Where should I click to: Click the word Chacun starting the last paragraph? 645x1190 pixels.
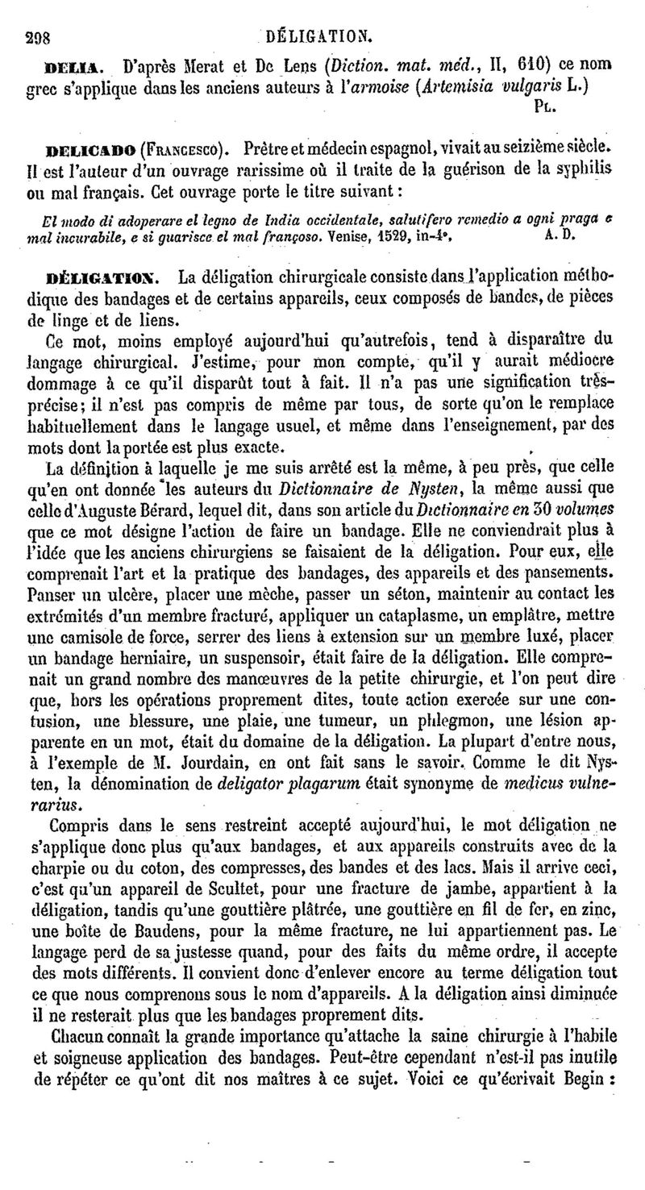coord(78,1055)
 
